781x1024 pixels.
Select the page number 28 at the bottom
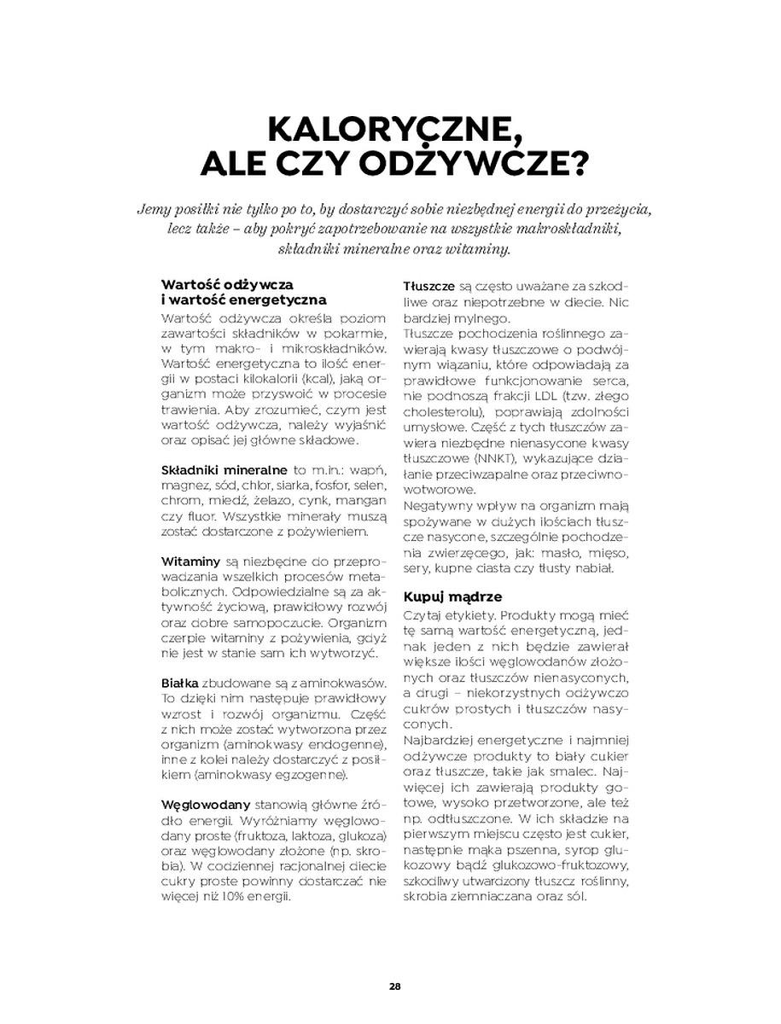(394, 986)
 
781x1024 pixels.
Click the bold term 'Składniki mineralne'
(224, 470)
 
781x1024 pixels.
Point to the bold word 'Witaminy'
(190, 561)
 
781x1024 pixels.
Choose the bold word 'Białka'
(179, 684)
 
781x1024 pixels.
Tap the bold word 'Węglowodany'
(205, 805)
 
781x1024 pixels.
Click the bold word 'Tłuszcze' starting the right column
(428, 287)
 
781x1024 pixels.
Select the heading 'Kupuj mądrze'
(452, 596)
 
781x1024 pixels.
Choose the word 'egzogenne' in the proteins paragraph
(308, 775)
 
